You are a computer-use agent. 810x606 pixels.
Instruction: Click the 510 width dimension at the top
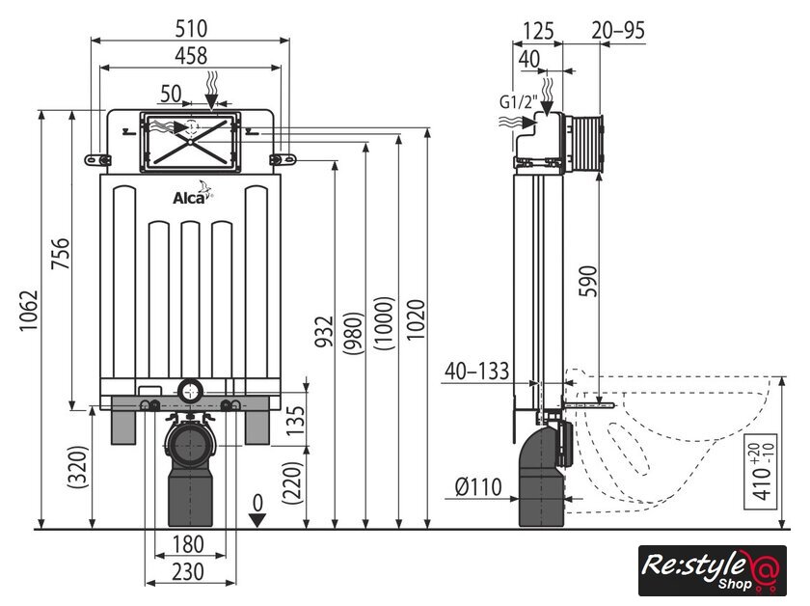pyautogui.click(x=190, y=28)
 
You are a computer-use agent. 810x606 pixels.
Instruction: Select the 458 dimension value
pyautogui.click(x=190, y=56)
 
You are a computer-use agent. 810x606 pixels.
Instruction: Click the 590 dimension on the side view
pyautogui.click(x=589, y=281)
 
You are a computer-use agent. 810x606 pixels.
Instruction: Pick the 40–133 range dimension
pyautogui.click(x=477, y=370)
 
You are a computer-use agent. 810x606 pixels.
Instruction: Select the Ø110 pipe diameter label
pyautogui.click(x=479, y=487)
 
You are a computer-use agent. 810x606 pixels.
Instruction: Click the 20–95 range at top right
pyautogui.click(x=618, y=30)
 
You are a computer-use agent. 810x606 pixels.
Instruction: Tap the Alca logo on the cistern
pyautogui.click(x=190, y=198)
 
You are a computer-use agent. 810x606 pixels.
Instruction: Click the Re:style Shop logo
pyautogui.click(x=712, y=570)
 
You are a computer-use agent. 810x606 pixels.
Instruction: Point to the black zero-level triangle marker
pyautogui.click(x=256, y=520)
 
